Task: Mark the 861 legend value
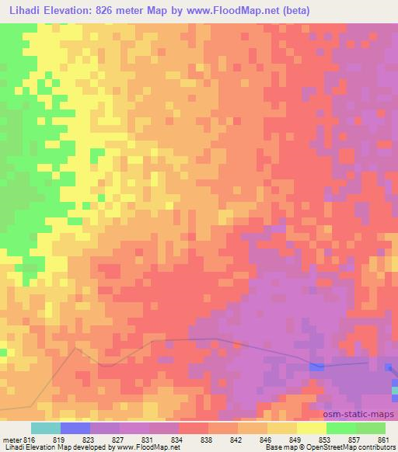pos(384,438)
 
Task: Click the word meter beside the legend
pos(11,438)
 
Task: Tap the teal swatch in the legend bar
pos(46,428)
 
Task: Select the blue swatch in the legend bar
pos(75,428)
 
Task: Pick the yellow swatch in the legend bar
pos(312,428)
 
